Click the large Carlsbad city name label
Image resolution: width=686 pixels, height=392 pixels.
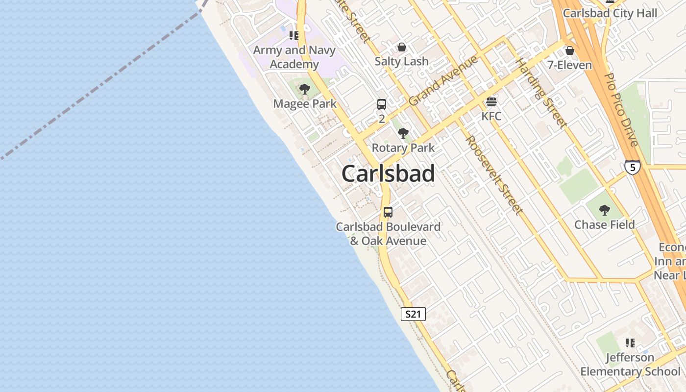(388, 174)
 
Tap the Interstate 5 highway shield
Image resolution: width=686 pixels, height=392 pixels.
(632, 168)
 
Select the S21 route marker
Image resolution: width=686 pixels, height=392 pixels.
(413, 314)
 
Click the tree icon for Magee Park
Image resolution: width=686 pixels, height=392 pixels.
(305, 89)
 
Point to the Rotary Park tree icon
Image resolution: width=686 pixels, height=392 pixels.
(403, 133)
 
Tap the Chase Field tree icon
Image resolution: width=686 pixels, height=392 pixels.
(604, 210)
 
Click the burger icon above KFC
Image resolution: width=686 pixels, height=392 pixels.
(491, 102)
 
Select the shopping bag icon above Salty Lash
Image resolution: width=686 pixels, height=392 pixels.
(402, 47)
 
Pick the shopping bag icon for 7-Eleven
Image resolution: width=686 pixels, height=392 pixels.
(569, 50)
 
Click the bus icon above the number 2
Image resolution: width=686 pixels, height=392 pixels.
(382, 104)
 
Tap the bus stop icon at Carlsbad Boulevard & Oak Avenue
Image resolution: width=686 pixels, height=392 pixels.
(388, 212)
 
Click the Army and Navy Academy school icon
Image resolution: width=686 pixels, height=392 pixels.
(294, 35)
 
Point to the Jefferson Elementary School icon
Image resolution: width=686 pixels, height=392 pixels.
(630, 343)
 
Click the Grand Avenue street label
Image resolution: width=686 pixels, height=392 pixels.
(443, 81)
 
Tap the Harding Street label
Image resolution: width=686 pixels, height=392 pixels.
(541, 93)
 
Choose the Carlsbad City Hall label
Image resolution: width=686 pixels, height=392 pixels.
(610, 13)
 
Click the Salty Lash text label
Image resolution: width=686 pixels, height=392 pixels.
(402, 61)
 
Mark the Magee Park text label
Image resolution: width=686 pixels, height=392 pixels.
(305, 104)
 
